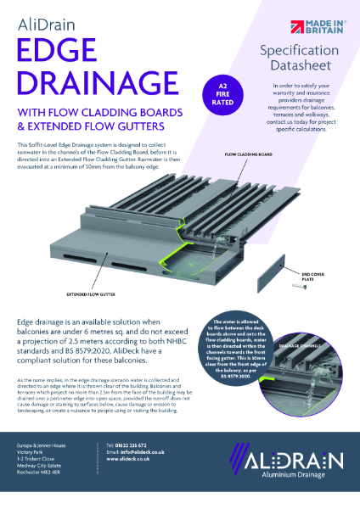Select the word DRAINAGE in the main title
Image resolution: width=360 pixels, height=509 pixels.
pyautogui.click(x=93, y=83)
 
